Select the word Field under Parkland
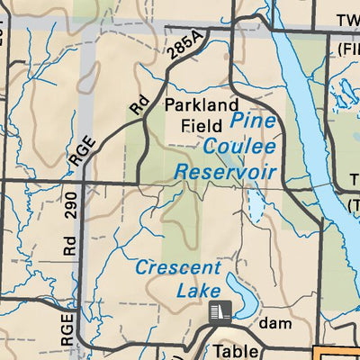click(201, 126)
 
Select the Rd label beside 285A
click(138, 104)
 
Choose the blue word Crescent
click(177, 267)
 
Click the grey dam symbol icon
click(219, 312)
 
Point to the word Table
click(240, 351)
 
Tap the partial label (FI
click(346, 46)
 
